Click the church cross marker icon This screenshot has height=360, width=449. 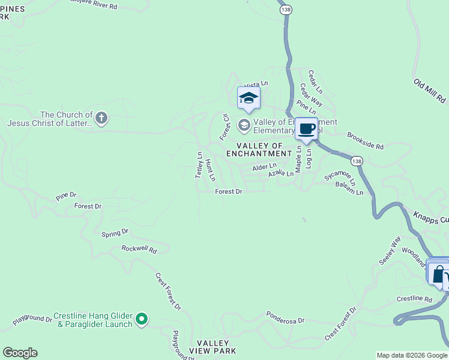pos(101,118)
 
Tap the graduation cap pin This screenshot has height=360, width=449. pos(249,98)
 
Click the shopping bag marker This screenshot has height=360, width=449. pos(439,274)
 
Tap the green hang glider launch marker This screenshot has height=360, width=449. pos(142,319)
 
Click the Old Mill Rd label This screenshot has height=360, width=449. pos(429,89)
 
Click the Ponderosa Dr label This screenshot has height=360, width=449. pos(285,317)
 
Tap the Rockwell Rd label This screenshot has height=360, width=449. pos(139,248)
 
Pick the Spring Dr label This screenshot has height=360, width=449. pos(115,232)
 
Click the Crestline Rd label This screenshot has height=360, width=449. pos(414,299)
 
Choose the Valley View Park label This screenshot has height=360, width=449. pos(212,346)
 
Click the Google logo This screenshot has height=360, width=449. pos(20,353)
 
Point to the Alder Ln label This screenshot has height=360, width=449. pos(264,166)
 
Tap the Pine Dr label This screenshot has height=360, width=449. pos(67,196)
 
